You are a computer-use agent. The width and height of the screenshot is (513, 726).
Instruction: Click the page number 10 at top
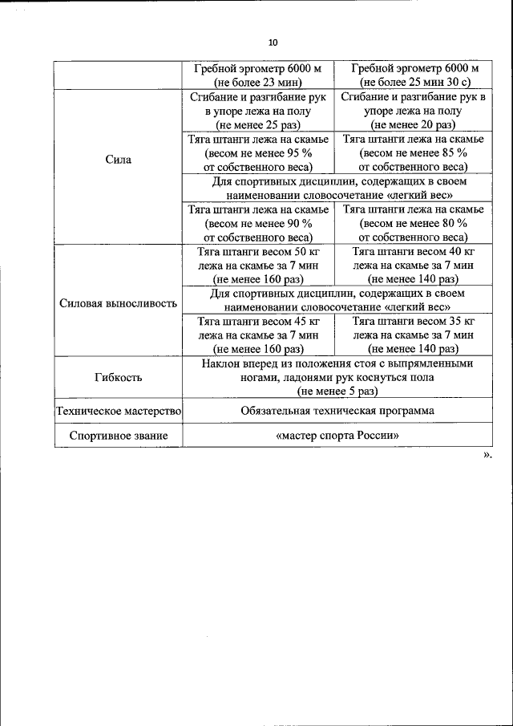point(272,43)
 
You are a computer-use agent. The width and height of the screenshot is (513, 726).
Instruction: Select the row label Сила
point(118,160)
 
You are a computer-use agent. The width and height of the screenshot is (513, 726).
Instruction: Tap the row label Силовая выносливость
point(118,304)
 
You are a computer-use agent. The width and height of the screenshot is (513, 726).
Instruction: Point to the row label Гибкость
point(118,377)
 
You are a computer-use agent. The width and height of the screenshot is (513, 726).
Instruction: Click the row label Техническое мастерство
point(118,411)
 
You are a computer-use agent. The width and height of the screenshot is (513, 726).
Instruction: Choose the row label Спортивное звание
point(118,436)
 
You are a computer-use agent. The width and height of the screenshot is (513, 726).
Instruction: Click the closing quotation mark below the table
point(487,455)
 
